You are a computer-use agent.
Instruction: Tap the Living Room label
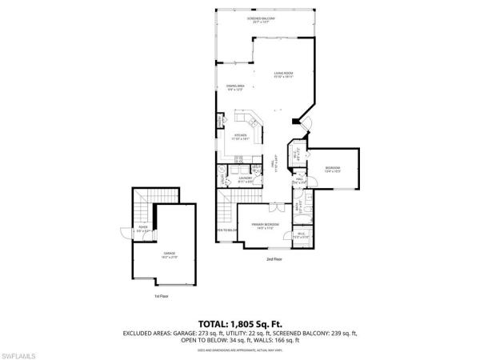click(283, 74)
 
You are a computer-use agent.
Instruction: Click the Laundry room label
click(246, 180)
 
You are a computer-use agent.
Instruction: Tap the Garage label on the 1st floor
click(170, 254)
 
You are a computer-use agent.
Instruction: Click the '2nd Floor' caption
click(274, 260)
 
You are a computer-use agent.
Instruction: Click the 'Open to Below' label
click(227, 230)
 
